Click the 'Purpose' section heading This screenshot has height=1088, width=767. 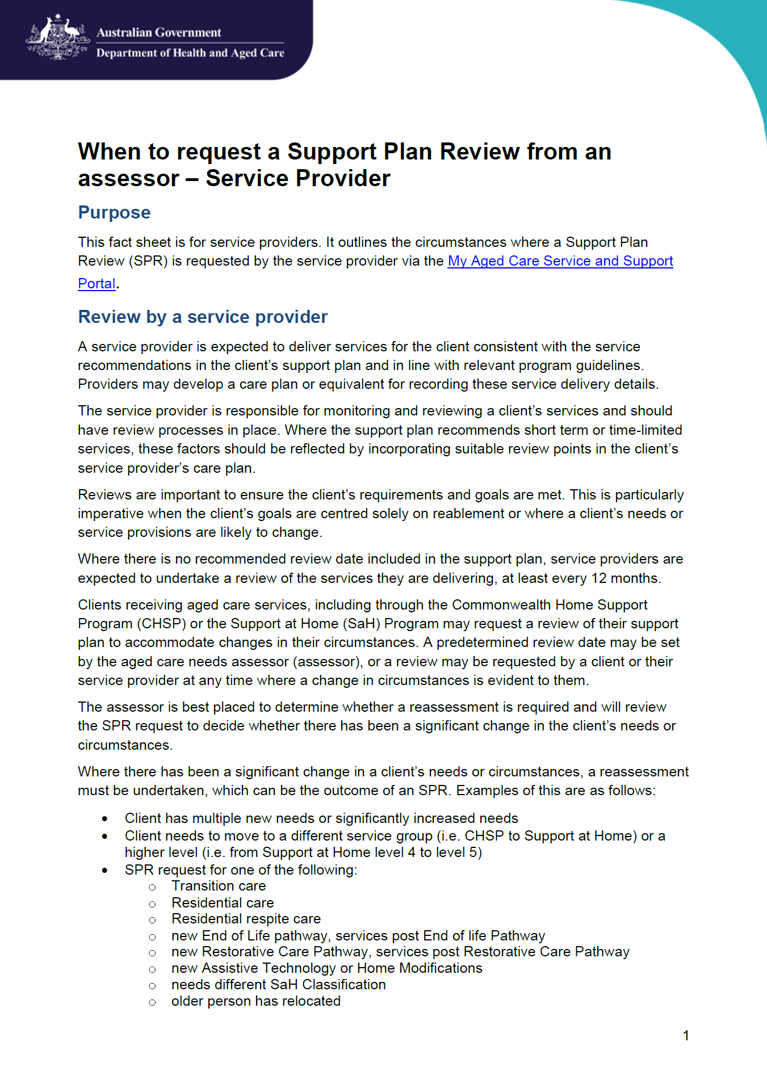pos(114,212)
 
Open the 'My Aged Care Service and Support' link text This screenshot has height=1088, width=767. pos(560,261)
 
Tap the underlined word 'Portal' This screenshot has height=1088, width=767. pos(97,284)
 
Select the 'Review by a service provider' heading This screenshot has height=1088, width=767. pos(203,317)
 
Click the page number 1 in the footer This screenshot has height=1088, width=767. pos(686,1036)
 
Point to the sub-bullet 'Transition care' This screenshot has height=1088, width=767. pos(219,886)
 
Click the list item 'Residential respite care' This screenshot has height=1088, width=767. pos(246,919)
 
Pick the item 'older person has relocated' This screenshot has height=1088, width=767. pos(255,1001)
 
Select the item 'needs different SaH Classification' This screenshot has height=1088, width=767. pos(278,985)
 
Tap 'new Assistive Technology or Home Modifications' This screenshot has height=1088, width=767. pos(326,968)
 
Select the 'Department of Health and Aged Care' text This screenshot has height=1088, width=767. pos(190,53)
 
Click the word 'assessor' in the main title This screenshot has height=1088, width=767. pos(128,179)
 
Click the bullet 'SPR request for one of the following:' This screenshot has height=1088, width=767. pos(241,870)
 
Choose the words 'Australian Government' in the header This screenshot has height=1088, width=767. pos(158,32)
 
